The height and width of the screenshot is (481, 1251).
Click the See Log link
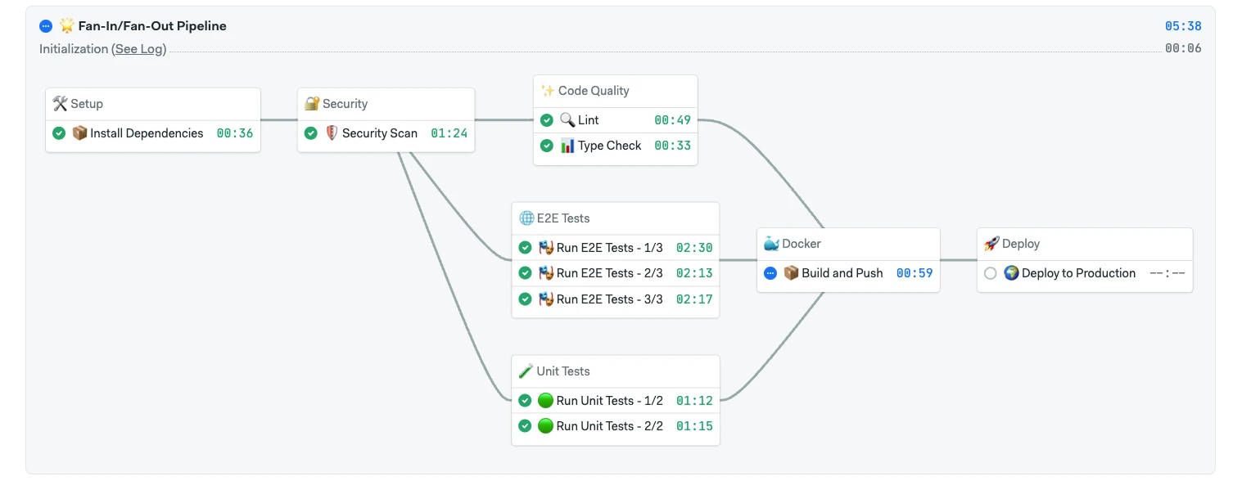(140, 49)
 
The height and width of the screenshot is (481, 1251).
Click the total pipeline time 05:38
(1183, 26)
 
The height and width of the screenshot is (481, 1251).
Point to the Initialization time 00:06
(1183, 48)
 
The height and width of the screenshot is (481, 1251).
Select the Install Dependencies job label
(147, 133)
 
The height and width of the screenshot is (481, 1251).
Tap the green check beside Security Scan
(311, 133)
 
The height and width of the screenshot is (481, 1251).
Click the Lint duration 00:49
(672, 120)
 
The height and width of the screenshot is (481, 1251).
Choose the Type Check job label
(609, 146)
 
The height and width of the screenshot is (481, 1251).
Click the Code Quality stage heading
(594, 91)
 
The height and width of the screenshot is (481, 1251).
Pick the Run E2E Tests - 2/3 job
(609, 273)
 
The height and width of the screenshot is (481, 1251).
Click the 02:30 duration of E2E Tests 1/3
(694, 248)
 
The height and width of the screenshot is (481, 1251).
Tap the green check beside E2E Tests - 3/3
(525, 299)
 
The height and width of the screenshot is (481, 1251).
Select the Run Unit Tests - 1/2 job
(609, 401)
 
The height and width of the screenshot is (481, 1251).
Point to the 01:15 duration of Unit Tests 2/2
(694, 426)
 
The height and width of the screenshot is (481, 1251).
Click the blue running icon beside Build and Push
(770, 273)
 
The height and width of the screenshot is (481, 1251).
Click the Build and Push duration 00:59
(915, 273)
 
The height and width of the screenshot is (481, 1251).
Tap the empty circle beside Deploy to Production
(990, 273)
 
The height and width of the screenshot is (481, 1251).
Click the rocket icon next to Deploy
(991, 243)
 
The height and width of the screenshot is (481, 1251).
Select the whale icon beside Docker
(771, 243)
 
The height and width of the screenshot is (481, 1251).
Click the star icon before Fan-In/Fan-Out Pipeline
(67, 25)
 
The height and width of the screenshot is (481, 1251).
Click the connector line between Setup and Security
(278, 120)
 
